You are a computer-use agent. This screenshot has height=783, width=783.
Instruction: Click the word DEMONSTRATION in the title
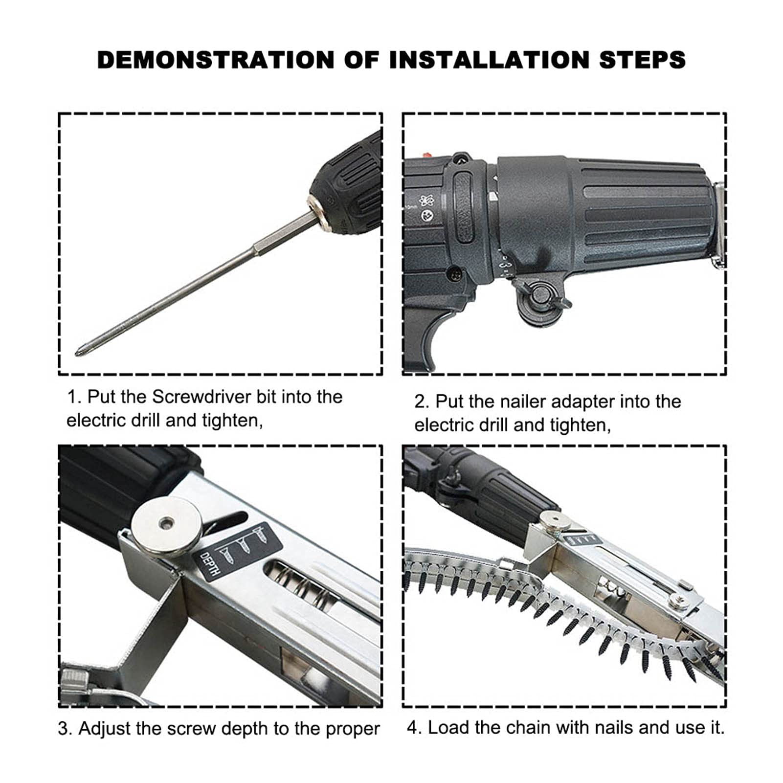[215, 60]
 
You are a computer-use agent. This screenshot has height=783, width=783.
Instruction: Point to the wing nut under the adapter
[542, 296]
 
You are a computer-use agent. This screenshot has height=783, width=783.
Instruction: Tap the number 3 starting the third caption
[63, 729]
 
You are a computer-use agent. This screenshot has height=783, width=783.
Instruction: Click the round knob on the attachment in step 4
[555, 520]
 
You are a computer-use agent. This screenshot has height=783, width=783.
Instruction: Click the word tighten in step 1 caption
[231, 421]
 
